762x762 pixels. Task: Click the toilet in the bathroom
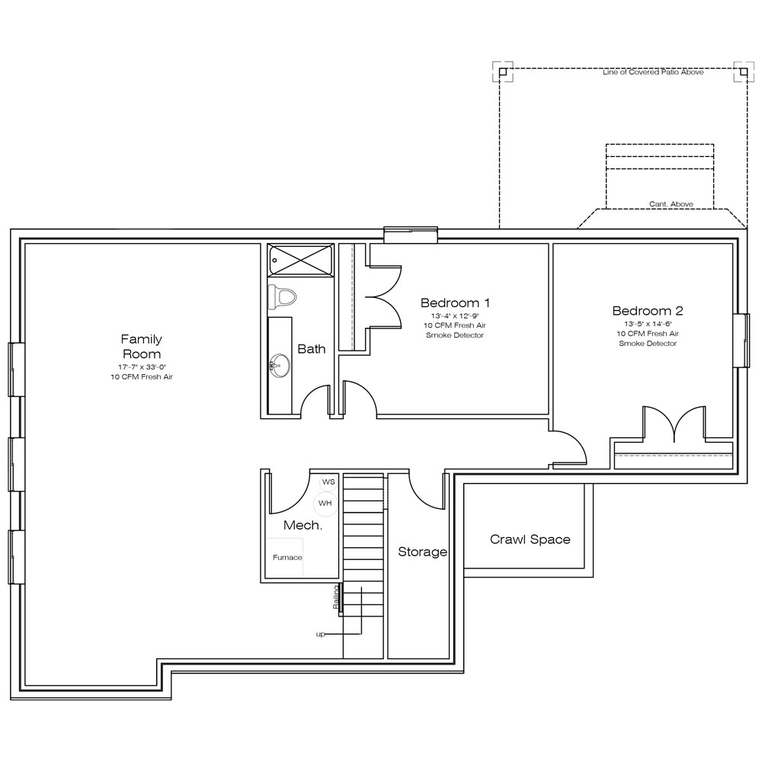coord(282,297)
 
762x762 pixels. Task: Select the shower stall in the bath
coord(300,261)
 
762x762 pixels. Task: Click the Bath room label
coord(312,349)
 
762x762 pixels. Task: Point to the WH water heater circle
coord(325,503)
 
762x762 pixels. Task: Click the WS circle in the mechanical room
coord(328,482)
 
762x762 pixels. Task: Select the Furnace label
coord(287,558)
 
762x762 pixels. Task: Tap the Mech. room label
coord(303,525)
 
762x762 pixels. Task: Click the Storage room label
coord(422,552)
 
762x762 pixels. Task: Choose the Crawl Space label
coord(530,539)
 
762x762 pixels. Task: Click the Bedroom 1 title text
coord(455,303)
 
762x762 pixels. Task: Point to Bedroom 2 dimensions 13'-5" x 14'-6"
coord(648,324)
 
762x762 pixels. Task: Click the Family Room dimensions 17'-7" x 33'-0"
coord(142,367)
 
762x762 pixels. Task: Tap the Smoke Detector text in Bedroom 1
coord(455,335)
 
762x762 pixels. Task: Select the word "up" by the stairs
coord(320,634)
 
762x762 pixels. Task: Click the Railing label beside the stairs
coord(336,597)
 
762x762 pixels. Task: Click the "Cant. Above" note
coord(671,204)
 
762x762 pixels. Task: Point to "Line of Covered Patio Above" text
coord(653,72)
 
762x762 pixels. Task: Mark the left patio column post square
coord(503,72)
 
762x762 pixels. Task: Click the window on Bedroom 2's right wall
coord(741,340)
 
